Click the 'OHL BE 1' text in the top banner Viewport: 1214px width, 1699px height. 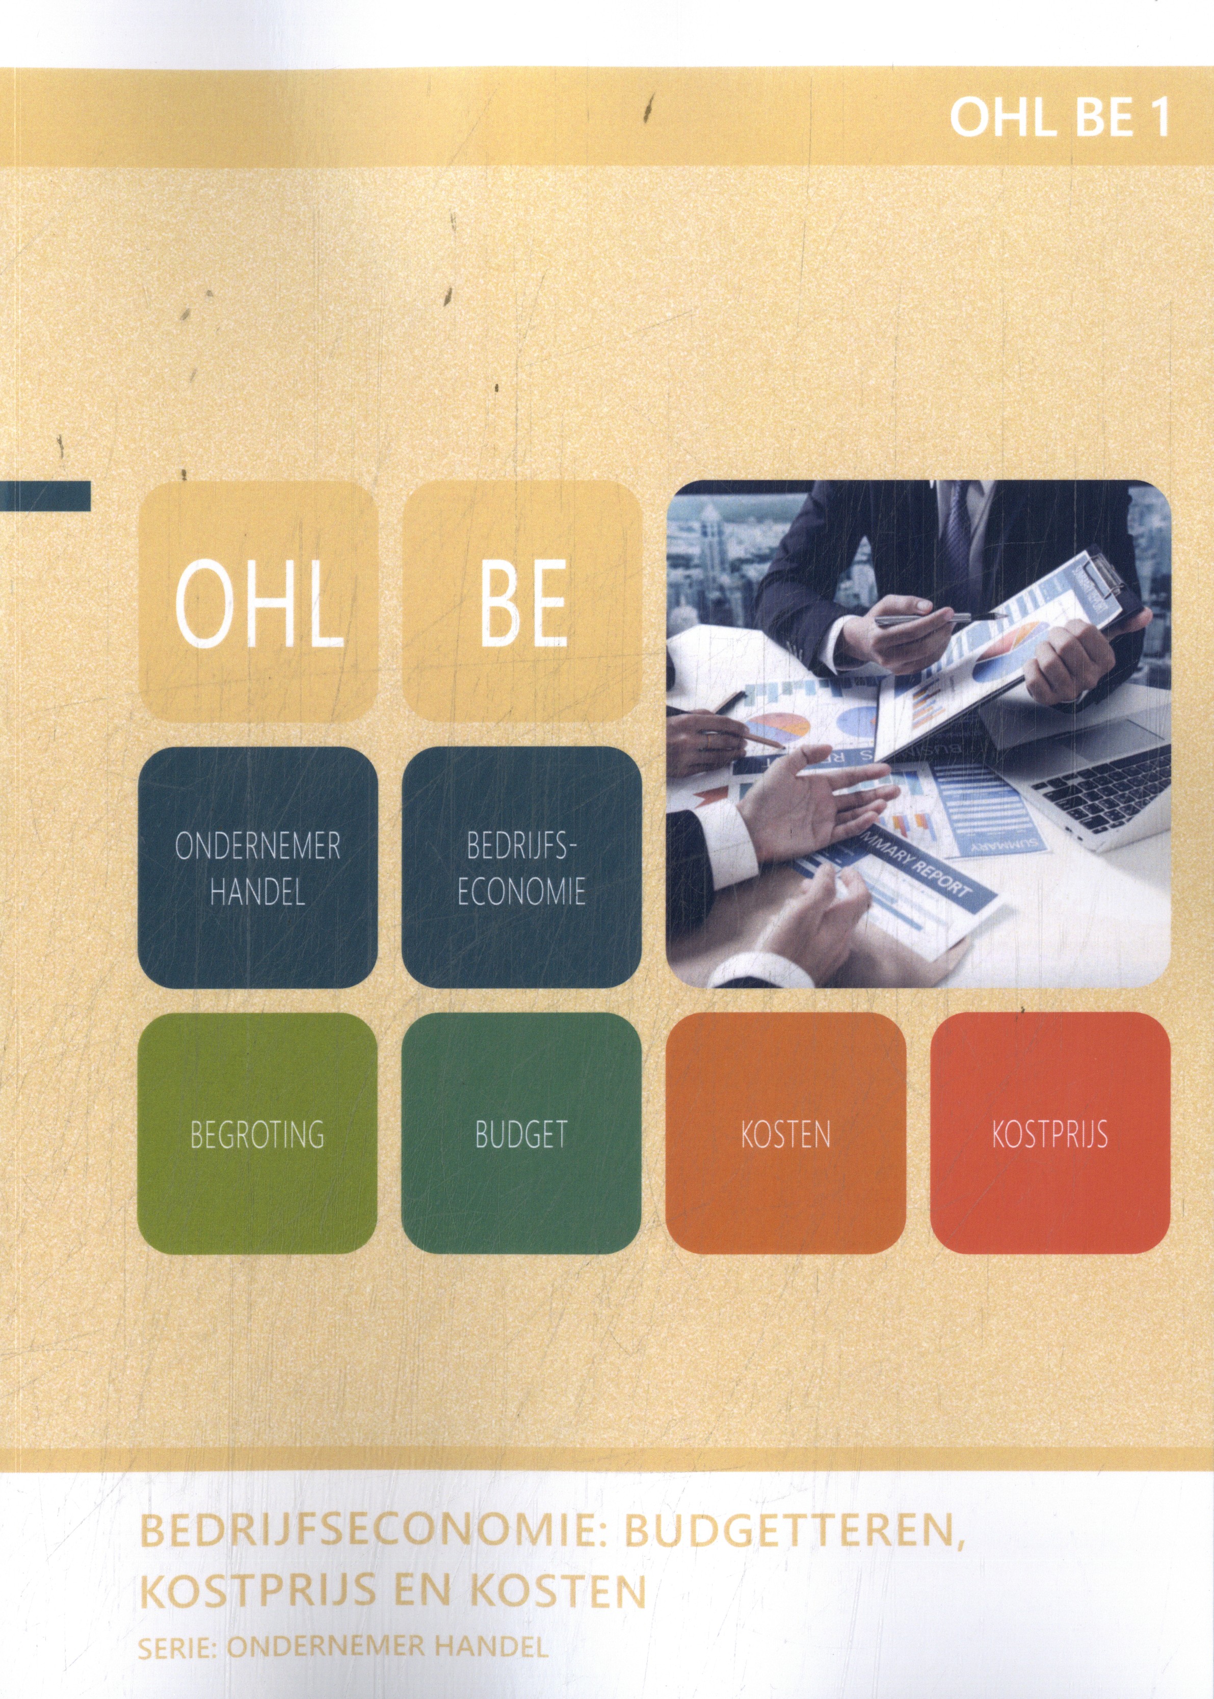point(1059,118)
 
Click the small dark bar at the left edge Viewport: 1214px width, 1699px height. point(45,496)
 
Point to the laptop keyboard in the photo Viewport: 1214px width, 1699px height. point(1099,770)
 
